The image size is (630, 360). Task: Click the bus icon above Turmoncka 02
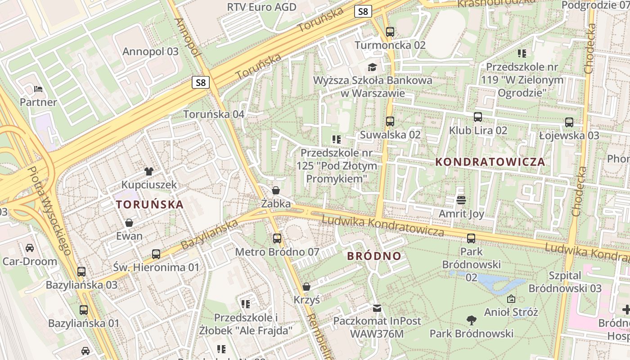click(390, 32)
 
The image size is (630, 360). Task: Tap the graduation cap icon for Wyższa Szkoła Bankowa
click(372, 67)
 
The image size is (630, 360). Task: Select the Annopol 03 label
click(150, 51)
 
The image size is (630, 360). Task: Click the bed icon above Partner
click(38, 89)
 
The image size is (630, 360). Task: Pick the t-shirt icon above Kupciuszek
click(149, 171)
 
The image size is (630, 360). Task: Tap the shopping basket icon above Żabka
click(276, 190)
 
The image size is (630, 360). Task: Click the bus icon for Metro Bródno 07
click(277, 238)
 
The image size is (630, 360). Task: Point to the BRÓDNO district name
click(374, 256)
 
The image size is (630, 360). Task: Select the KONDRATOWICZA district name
click(490, 162)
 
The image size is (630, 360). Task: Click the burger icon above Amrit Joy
click(461, 200)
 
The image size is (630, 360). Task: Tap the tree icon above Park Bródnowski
click(471, 320)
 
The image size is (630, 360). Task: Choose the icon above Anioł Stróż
click(511, 299)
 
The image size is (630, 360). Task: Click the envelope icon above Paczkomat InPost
click(377, 308)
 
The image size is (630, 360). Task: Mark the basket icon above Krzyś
click(306, 287)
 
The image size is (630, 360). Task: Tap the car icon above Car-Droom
click(30, 248)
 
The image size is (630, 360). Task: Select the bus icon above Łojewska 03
click(569, 122)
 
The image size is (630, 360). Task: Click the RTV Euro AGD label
click(261, 7)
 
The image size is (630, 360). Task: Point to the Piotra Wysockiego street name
click(49, 211)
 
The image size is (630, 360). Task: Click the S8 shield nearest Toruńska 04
click(201, 82)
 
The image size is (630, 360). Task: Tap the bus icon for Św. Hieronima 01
click(156, 254)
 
